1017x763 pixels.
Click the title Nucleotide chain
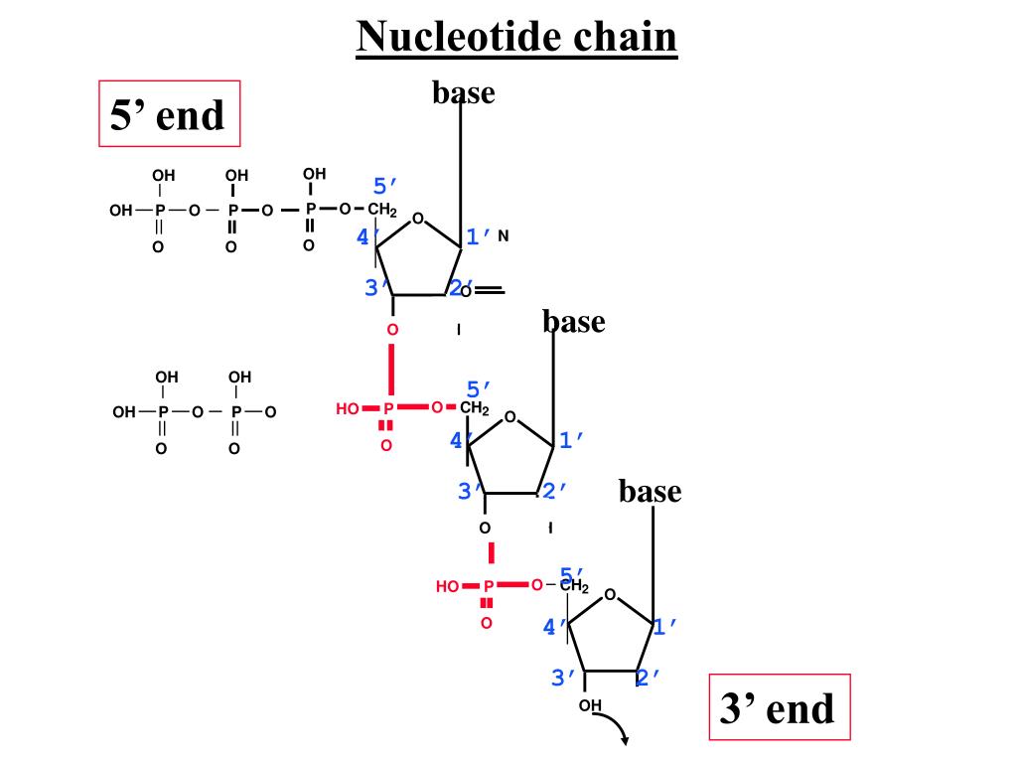pyautogui.click(x=516, y=38)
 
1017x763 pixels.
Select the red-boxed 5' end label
pyautogui.click(x=169, y=114)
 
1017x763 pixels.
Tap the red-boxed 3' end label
pyautogui.click(x=779, y=708)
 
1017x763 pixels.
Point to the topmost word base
pyautogui.click(x=463, y=92)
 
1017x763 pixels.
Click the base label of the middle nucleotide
pyautogui.click(x=573, y=321)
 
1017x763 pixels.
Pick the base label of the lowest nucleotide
pyautogui.click(x=650, y=491)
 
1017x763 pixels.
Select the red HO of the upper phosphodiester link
pyautogui.click(x=348, y=408)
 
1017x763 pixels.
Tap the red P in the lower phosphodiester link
pyautogui.click(x=488, y=587)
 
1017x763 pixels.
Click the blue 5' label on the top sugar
pyautogui.click(x=385, y=187)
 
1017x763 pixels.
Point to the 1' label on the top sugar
pyautogui.click(x=479, y=236)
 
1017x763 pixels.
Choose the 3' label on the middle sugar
pyautogui.click(x=469, y=490)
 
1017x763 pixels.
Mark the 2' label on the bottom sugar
pyautogui.click(x=648, y=678)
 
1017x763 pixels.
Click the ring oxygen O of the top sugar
pyautogui.click(x=418, y=219)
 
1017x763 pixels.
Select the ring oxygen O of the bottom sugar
pyautogui.click(x=610, y=595)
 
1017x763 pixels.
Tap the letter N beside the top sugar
pyautogui.click(x=504, y=236)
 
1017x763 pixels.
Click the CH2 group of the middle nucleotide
pyautogui.click(x=473, y=408)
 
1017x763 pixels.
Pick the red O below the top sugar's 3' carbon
pyautogui.click(x=392, y=329)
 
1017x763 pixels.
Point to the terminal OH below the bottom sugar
pyautogui.click(x=591, y=706)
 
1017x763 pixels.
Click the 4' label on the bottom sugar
pyautogui.click(x=554, y=627)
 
